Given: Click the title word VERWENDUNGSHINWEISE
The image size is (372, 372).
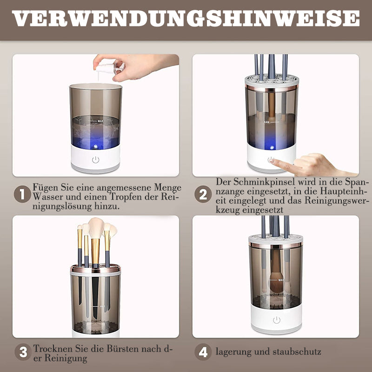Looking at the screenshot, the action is (186, 18).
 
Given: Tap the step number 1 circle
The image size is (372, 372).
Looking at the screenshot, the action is (22, 194).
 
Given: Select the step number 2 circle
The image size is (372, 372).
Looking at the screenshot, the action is (203, 194).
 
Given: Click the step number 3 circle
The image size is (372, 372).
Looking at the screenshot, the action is (23, 352).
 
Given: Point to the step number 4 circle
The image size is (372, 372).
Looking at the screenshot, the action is (203, 352).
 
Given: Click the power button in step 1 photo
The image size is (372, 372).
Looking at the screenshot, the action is (96, 159).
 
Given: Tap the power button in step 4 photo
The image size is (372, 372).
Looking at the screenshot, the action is (277, 320).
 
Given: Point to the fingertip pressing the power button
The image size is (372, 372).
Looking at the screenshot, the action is (272, 160).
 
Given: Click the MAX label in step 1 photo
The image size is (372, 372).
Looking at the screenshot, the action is (100, 121).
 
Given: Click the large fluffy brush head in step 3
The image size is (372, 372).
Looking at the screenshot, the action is (96, 228).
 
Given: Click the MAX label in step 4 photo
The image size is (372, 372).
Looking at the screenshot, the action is (281, 280).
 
